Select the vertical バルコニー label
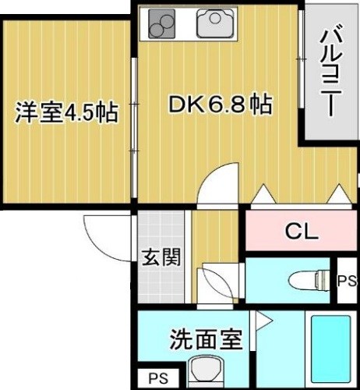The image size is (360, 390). point(330,70)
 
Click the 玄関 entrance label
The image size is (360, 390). point(162,257)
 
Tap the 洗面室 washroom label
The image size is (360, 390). point(206,340)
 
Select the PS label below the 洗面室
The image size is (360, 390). point(159,379)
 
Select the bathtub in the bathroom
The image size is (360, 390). point(329,349)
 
